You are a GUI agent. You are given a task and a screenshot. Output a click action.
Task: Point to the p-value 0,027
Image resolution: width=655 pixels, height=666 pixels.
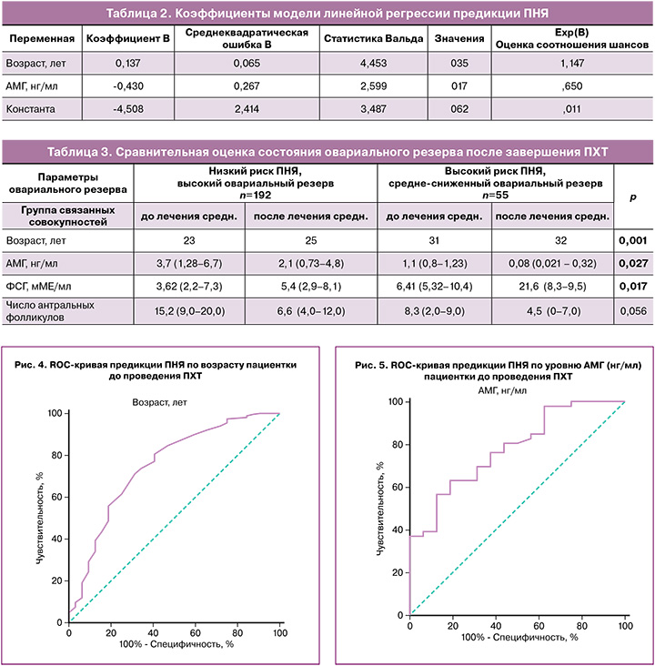pyautogui.click(x=633, y=263)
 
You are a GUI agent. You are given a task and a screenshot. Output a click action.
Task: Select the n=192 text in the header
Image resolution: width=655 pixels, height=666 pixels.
pyautogui.click(x=256, y=194)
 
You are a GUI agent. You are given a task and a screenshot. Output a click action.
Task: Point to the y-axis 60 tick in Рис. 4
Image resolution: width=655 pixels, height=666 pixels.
pyautogui.click(x=56, y=497)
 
